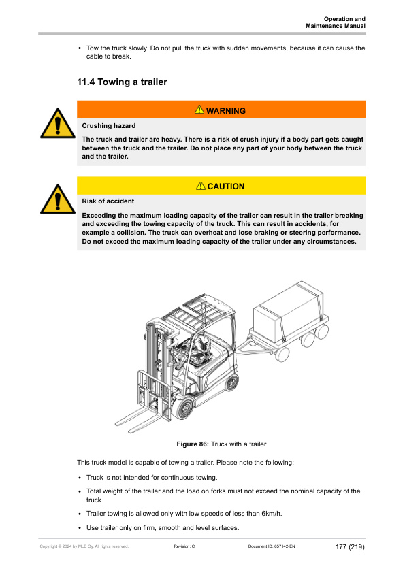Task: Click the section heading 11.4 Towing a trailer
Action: tap(123, 82)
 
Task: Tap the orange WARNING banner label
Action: tap(220, 110)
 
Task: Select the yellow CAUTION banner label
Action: tap(220, 186)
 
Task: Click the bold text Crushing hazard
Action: tap(109, 126)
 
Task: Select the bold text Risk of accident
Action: tap(108, 201)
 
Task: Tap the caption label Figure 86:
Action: tap(193, 444)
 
